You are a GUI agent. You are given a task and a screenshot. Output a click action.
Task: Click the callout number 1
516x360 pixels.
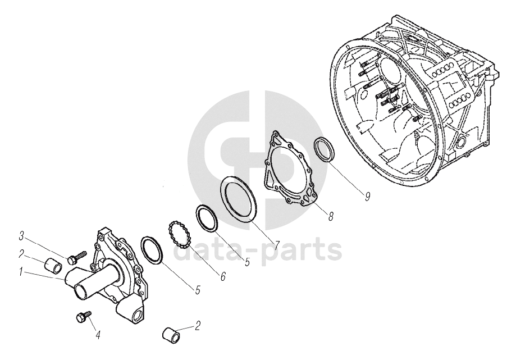click(21, 272)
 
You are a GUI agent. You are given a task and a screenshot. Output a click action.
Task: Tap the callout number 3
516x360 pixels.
click(21, 236)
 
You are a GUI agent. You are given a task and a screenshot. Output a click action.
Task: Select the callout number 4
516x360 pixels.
click(98, 335)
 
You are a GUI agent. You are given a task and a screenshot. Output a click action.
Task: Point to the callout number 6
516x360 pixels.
click(223, 277)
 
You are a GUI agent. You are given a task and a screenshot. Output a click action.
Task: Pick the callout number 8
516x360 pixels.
click(331, 216)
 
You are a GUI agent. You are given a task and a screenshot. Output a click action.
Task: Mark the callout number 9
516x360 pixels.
click(367, 197)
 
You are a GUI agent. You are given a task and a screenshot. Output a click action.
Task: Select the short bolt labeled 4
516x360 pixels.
click(83, 317)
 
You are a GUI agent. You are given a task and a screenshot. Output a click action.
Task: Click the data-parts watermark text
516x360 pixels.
click(257, 250)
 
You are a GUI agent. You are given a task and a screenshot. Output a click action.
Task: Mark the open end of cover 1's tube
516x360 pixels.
click(81, 292)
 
